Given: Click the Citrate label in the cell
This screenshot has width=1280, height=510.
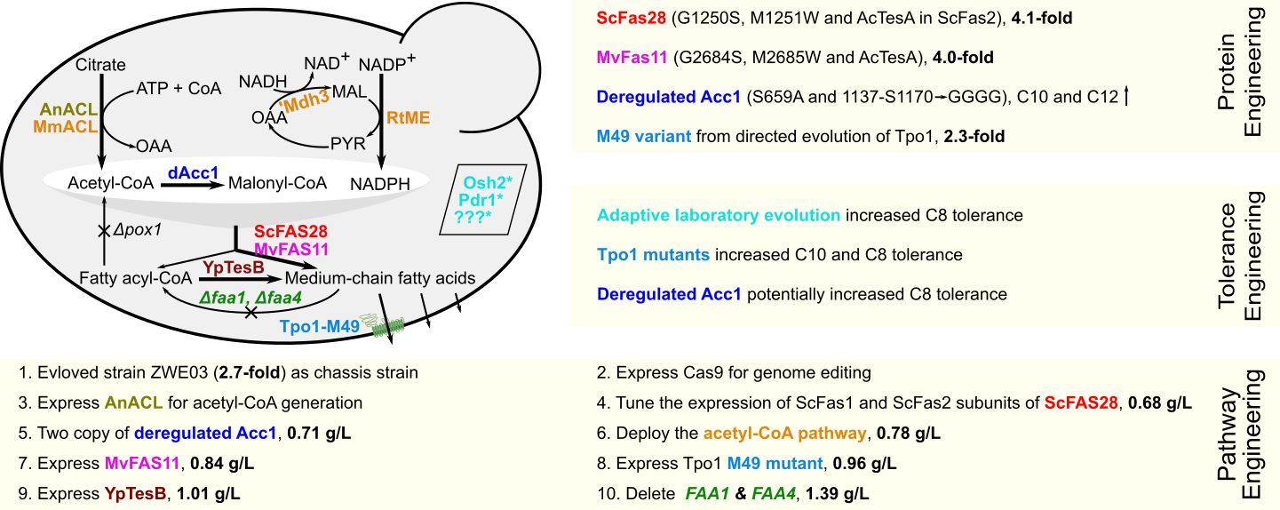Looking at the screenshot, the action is tap(100, 65).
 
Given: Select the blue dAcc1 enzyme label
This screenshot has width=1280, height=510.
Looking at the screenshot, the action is tap(193, 172).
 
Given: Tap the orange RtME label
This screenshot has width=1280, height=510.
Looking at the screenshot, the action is tap(408, 118).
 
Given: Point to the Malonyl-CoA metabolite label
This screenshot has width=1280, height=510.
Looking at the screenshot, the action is tap(278, 183).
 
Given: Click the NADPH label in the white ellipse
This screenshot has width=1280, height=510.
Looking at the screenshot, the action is tap(380, 184).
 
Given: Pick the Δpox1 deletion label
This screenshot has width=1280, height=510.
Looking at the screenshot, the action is tap(137, 230).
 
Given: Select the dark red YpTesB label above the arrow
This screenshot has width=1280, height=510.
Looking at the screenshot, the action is tap(233, 267).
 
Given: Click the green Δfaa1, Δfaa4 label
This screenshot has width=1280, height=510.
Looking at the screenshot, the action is tap(250, 298).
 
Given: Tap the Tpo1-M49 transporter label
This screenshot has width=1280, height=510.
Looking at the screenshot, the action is tap(320, 326).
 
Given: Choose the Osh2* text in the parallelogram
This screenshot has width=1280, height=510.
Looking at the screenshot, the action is tap(488, 183).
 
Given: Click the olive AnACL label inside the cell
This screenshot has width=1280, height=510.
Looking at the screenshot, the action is tap(68, 110).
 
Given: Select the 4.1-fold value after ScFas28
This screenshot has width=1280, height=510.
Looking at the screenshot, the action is tap(1042, 19).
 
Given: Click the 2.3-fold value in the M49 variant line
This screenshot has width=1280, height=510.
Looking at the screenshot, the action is tap(974, 137).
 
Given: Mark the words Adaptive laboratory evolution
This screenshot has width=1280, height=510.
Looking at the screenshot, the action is tap(719, 216).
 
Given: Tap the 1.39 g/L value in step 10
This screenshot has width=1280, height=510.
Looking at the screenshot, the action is tap(837, 493).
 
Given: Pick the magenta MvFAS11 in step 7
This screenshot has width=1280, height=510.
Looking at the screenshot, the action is tap(142, 463).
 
